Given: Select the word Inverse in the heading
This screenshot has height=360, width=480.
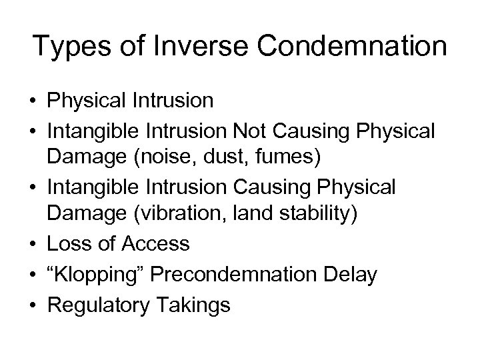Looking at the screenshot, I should tap(179, 47).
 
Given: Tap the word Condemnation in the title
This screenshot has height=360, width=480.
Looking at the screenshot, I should tap(345, 47).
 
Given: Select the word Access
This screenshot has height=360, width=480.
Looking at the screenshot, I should tap(155, 243).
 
